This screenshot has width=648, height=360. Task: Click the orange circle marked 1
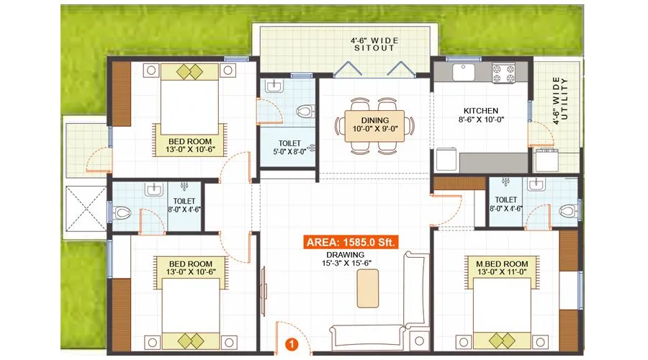(292, 344)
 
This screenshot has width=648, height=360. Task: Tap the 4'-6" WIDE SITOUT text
(374, 45)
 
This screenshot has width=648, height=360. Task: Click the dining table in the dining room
(375, 125)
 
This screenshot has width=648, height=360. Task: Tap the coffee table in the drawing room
(366, 289)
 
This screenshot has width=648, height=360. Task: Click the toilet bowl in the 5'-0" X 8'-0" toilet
(306, 112)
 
